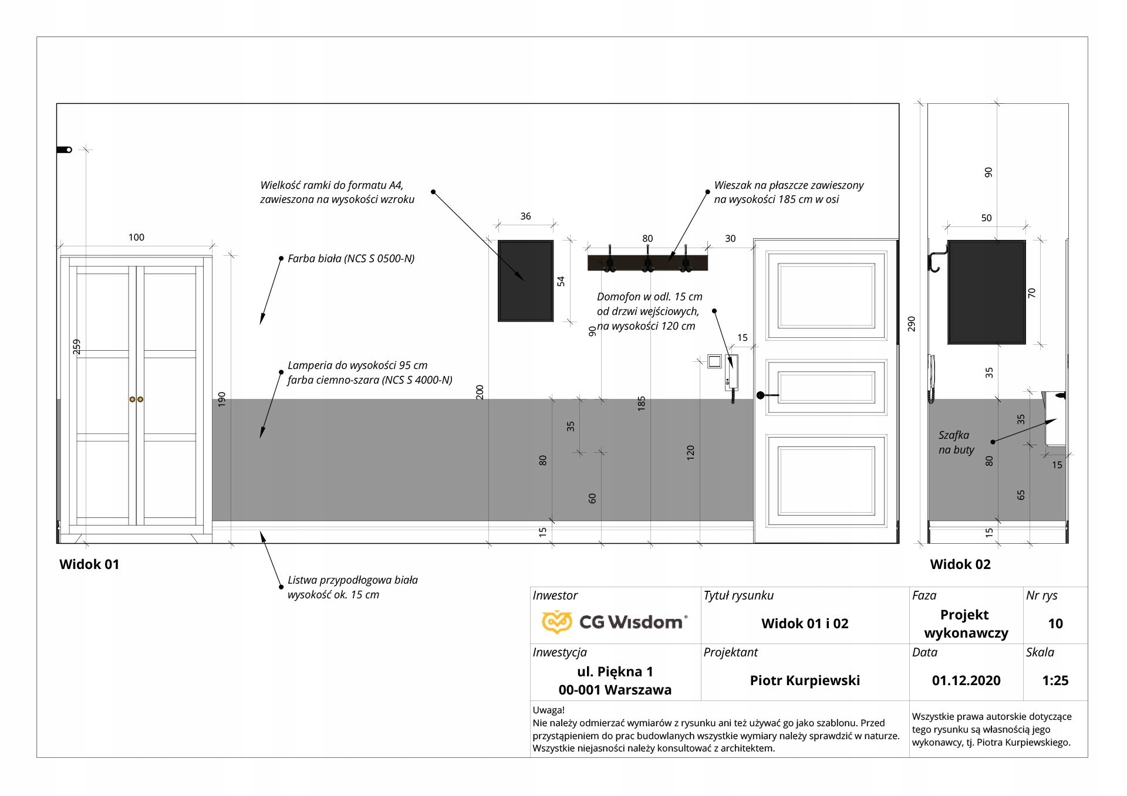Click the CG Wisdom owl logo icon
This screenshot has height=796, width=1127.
point(556,622)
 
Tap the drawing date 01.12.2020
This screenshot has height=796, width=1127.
point(966,680)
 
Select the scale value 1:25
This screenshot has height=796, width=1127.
point(1055,680)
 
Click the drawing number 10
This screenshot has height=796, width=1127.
point(1055,624)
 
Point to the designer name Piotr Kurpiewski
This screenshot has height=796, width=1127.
point(804,680)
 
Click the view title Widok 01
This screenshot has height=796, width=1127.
point(89,564)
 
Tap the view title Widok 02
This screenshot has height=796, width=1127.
point(960,564)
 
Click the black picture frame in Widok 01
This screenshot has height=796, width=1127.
point(525,280)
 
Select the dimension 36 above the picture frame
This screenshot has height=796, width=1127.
point(525,216)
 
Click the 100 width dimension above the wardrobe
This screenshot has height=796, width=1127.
point(136,238)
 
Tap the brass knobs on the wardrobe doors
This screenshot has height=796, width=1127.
point(136,399)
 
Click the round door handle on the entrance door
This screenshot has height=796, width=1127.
point(761,395)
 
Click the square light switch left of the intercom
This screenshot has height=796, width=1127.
point(714,361)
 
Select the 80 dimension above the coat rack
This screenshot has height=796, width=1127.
point(647,239)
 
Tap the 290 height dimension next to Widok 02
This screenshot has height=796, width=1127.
point(911,324)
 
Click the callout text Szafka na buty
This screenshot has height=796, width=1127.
point(956,442)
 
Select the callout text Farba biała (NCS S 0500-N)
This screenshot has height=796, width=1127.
point(350,259)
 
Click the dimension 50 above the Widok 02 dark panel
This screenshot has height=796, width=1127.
point(986,218)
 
